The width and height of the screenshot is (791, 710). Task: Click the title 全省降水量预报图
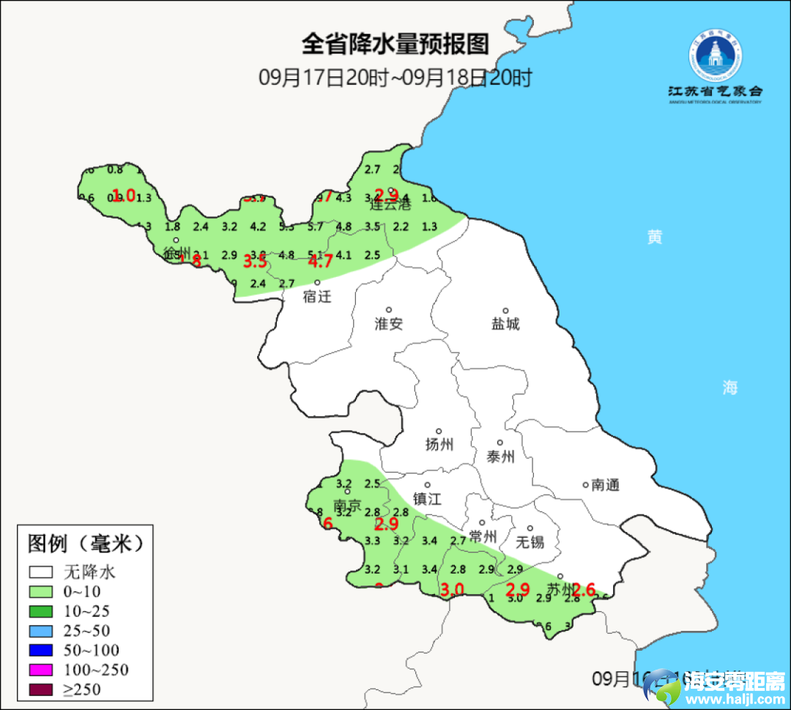(x=395, y=45)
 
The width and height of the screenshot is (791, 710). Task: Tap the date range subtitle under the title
(x=395, y=78)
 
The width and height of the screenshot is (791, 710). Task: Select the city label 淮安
(x=389, y=323)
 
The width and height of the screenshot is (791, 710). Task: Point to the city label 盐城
(x=505, y=323)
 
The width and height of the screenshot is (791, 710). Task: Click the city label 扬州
(x=439, y=444)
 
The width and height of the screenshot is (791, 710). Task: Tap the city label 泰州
(x=501, y=456)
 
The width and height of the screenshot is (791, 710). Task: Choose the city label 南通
(x=605, y=484)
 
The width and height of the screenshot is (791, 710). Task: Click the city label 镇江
(x=428, y=498)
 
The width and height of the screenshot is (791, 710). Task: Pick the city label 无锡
(x=530, y=541)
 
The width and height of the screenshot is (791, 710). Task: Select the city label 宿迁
(x=318, y=297)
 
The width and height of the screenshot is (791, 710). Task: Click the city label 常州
(x=483, y=536)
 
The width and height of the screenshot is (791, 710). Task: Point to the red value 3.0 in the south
(x=452, y=589)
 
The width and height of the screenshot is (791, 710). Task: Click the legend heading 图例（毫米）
(x=84, y=544)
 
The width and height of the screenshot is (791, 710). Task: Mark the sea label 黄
(x=655, y=237)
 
